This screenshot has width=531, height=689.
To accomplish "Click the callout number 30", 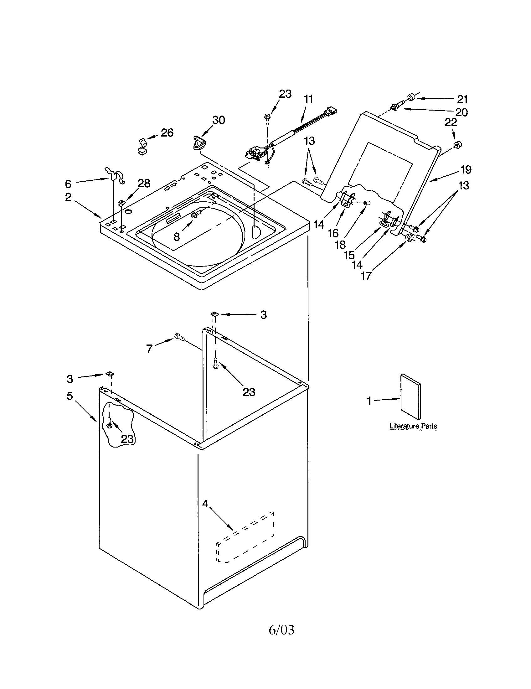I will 219,120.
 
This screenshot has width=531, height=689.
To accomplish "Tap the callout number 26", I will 167,133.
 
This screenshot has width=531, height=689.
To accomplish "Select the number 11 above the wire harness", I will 308,99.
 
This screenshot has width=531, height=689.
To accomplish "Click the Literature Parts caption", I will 413,426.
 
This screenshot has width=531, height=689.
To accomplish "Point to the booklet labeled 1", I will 410,397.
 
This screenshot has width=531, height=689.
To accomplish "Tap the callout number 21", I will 462,99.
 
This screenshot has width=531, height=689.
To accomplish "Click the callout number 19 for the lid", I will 466,170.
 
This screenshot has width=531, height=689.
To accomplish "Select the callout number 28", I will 144,183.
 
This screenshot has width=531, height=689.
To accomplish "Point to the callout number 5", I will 70,396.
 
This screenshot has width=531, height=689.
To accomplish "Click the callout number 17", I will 366,276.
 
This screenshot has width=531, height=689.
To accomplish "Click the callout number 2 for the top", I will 68,197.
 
